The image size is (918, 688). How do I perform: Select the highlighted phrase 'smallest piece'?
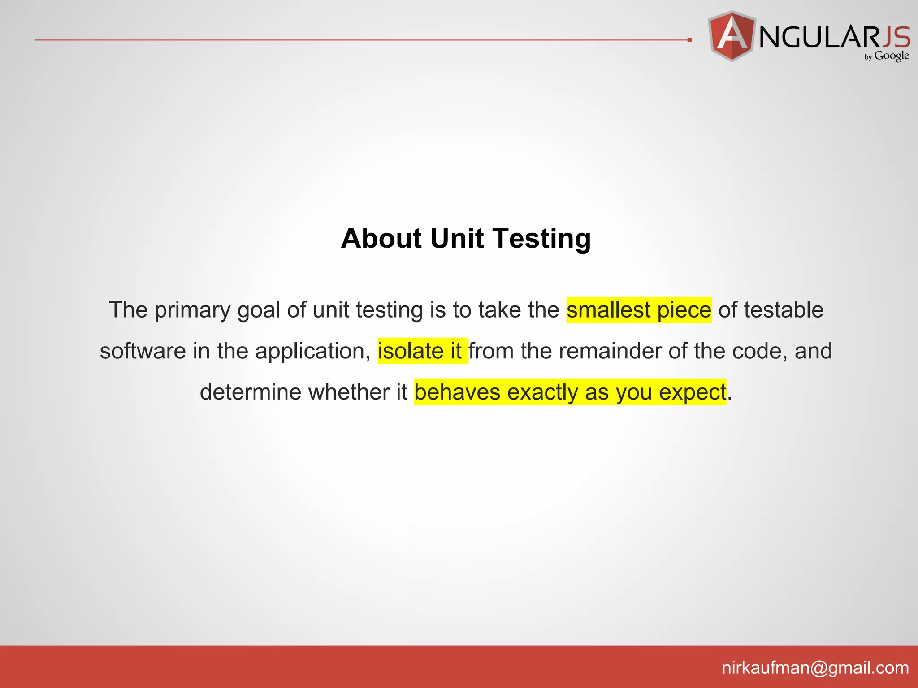click(639, 310)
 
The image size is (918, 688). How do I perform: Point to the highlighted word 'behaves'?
click(457, 392)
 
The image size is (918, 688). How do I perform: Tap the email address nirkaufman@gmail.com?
click(815, 667)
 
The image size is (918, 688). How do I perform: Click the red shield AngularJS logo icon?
click(732, 36)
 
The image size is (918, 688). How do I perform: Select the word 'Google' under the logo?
click(892, 56)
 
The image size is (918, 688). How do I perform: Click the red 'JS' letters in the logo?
click(896, 37)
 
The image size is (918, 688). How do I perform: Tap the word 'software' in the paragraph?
click(143, 351)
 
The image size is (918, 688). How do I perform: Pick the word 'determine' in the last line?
click(251, 392)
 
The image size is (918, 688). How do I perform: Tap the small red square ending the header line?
click(689, 40)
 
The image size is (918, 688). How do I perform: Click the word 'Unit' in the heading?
click(457, 238)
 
